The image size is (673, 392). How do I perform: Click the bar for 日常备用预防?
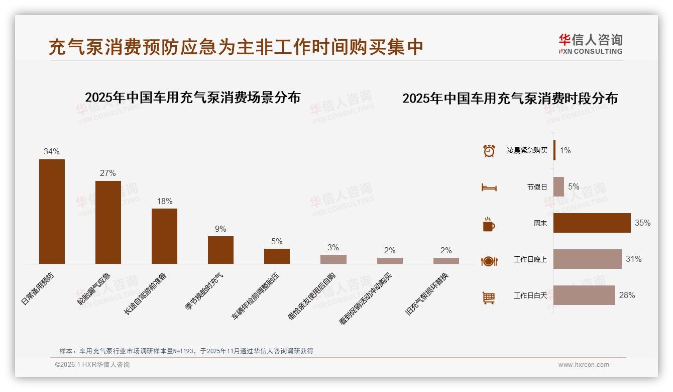[52, 212]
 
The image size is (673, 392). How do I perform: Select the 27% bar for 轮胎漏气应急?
[108, 222]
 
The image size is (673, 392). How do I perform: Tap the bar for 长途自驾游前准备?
[164, 236]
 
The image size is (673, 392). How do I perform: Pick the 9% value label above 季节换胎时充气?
[220, 229]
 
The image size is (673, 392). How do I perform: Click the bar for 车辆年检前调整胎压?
[277, 256]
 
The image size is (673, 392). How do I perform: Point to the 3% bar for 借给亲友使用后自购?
[333, 259]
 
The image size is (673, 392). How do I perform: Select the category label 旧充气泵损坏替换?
[427, 294]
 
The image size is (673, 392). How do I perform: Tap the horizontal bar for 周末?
[592, 223]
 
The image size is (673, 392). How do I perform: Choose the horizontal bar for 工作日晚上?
[587, 259]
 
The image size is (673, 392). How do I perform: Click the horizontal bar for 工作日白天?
[584, 296]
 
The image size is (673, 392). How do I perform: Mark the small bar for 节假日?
[558, 186]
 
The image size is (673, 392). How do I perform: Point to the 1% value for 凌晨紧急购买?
[565, 150]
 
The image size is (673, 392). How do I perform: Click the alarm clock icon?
[489, 150]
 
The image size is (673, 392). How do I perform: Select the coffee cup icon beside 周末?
[489, 224]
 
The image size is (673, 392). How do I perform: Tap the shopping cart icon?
[489, 298]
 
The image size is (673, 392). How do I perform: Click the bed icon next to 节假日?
[489, 187]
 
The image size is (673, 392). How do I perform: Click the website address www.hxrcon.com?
[583, 365]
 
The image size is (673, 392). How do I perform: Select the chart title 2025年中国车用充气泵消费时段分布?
[510, 99]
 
